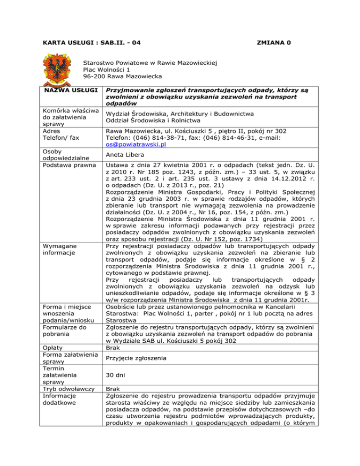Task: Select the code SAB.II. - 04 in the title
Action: click(120, 43)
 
